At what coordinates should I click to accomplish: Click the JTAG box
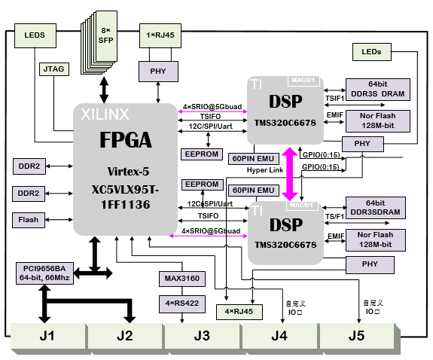[x=53, y=69]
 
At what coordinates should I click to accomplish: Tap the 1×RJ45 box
[x=157, y=35]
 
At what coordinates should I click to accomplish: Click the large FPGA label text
[x=126, y=140]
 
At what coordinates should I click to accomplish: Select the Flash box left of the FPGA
[x=29, y=220]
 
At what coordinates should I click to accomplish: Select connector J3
[x=201, y=336]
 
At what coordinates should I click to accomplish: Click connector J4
[x=279, y=336]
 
